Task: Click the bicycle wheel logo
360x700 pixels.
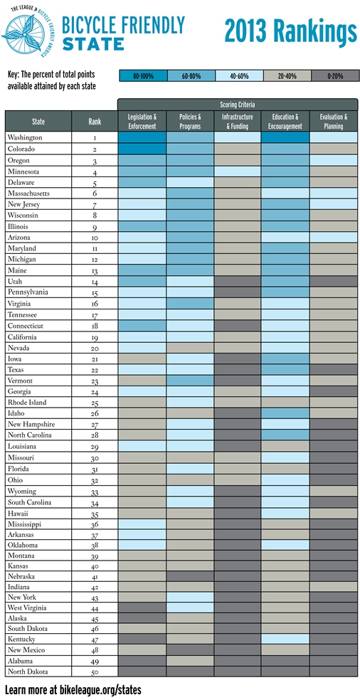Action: (x=26, y=32)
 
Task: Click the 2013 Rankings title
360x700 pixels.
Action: (x=291, y=32)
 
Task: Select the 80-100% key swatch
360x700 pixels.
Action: (x=143, y=76)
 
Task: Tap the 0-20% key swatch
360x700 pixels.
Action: (x=335, y=76)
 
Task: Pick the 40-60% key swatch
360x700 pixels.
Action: (x=239, y=76)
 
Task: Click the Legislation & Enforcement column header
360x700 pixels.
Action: (x=142, y=122)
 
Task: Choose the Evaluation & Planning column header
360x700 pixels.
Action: (x=334, y=122)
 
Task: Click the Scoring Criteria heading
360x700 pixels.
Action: (x=238, y=105)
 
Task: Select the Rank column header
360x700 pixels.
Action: (x=94, y=122)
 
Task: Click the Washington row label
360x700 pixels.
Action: (x=25, y=137)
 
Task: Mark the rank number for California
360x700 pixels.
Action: (x=95, y=338)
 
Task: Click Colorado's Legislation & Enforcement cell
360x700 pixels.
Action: (x=142, y=149)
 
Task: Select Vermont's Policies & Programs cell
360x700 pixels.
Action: (x=191, y=381)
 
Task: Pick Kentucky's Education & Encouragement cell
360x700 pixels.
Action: (x=286, y=639)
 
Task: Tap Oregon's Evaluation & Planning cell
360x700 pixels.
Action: (x=334, y=160)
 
